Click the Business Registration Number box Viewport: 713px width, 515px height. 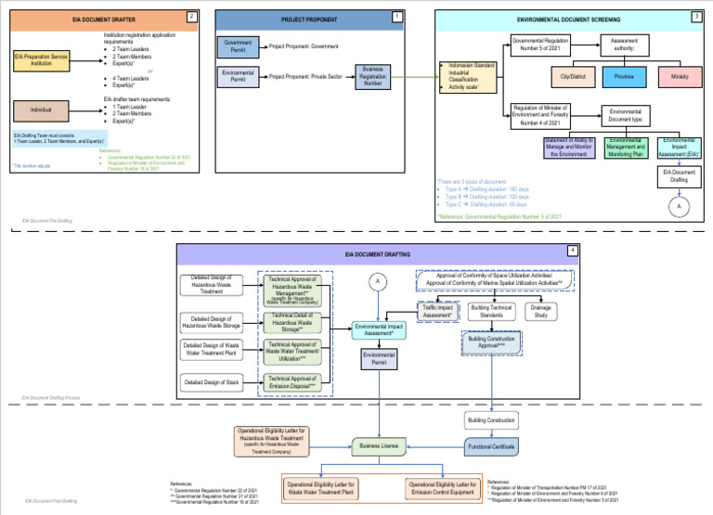(373, 77)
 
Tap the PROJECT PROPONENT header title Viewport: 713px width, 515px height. (309, 19)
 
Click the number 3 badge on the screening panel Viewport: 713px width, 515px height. (696, 16)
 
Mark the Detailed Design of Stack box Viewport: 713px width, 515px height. (216, 381)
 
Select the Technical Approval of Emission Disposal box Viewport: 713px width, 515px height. (294, 380)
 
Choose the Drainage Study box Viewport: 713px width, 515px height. (542, 311)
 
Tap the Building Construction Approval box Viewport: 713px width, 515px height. (492, 341)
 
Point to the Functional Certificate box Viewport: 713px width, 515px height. (491, 446)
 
